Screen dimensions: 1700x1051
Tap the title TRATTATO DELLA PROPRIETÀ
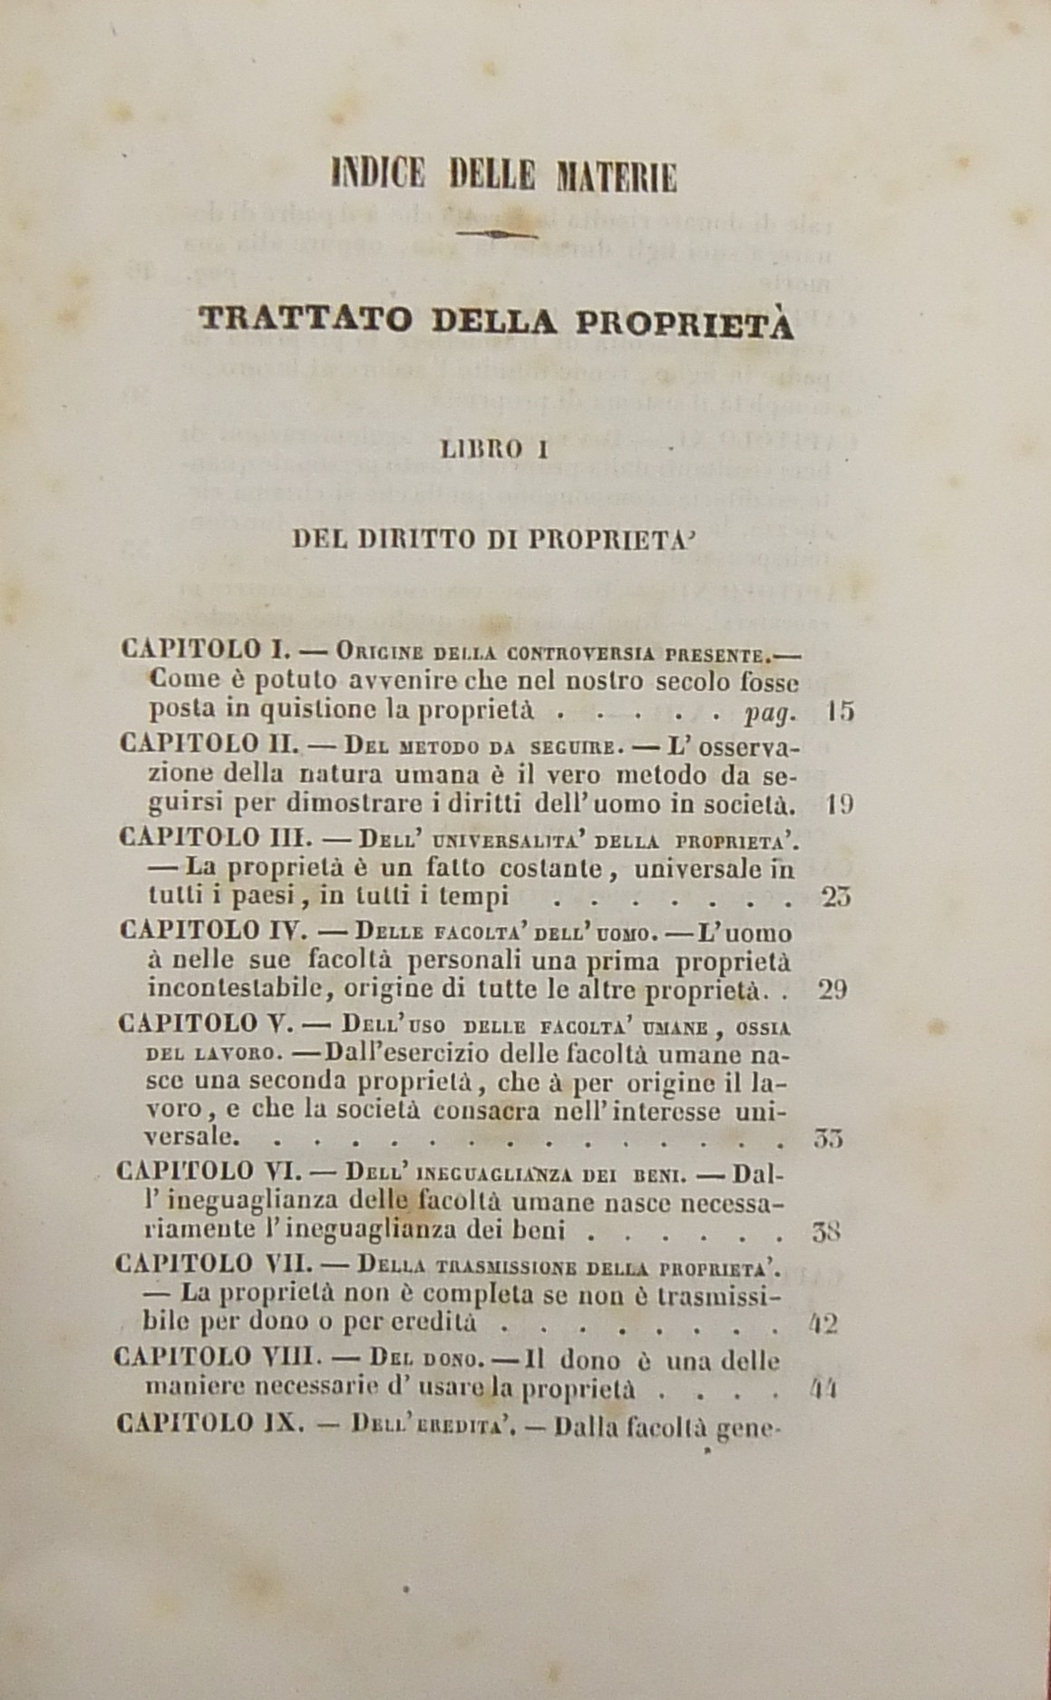(495, 322)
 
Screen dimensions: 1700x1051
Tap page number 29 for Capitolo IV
(832, 989)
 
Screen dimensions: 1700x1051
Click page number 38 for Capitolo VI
(824, 1232)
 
